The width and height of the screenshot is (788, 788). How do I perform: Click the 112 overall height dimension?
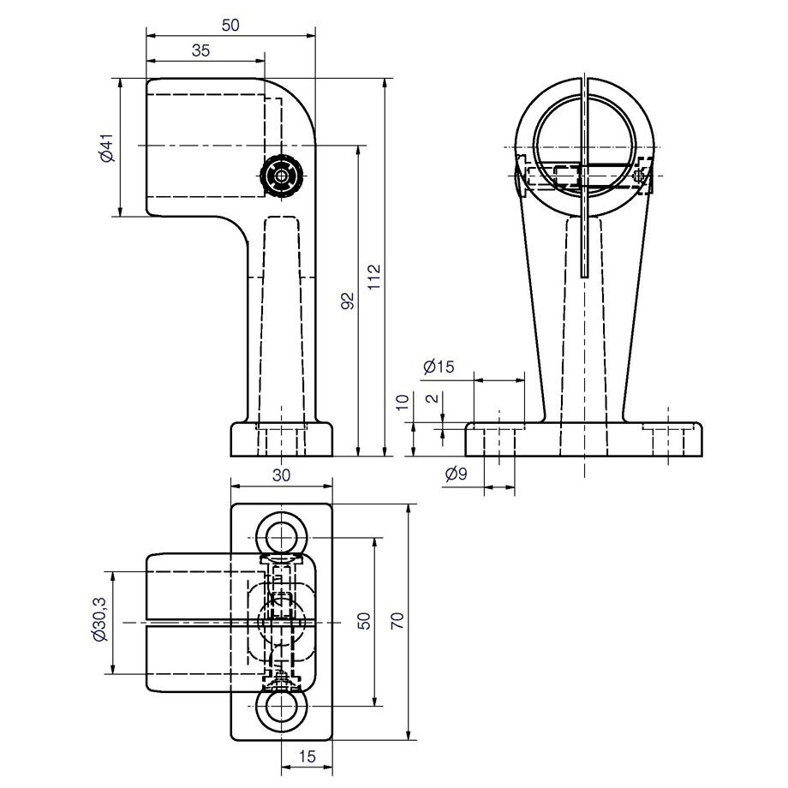(x=374, y=277)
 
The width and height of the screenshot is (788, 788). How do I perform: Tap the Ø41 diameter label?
(x=108, y=147)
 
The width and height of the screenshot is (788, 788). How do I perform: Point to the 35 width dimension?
(x=200, y=51)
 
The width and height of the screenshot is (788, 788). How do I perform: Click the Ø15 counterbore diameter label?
(x=439, y=367)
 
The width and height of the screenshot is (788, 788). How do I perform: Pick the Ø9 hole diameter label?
(x=457, y=474)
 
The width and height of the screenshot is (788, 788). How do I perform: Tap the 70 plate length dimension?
(x=397, y=621)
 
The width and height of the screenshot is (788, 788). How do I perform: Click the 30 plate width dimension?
(x=282, y=475)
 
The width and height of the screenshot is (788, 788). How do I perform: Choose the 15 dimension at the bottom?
(x=307, y=755)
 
